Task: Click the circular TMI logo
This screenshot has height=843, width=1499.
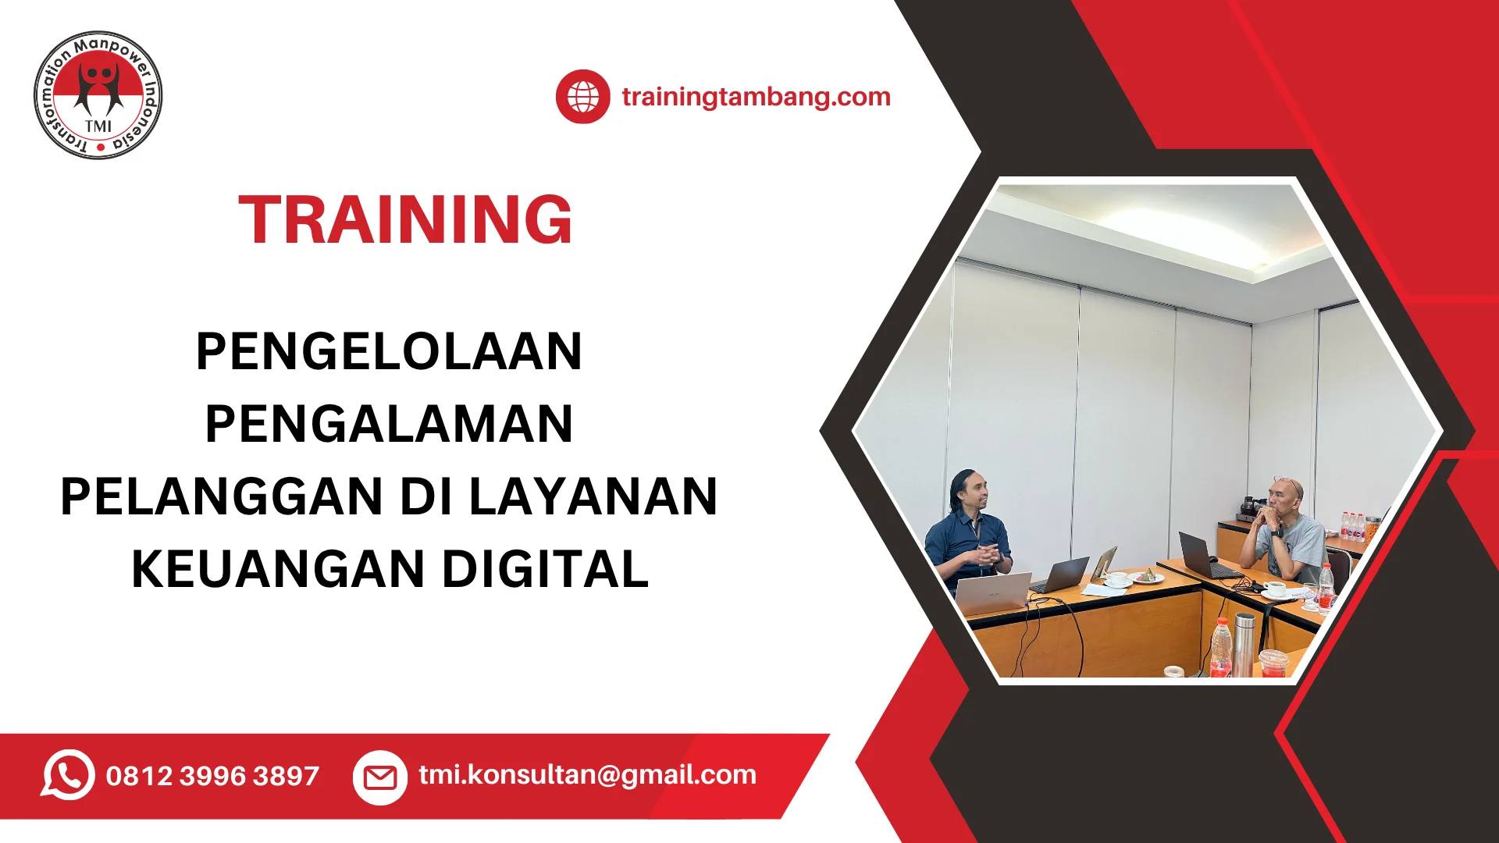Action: coord(98,95)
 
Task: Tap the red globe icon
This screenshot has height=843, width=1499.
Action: coord(582,97)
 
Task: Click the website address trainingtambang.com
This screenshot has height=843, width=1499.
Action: coord(756,97)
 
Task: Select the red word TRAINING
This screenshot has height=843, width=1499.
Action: coord(405,219)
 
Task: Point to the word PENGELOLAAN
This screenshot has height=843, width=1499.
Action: coord(389,351)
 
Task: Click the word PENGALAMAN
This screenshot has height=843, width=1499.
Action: coord(389,424)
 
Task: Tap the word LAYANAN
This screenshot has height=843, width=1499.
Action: coord(593,496)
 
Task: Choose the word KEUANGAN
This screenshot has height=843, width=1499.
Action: coord(278,569)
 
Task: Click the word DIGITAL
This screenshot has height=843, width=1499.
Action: coord(546,569)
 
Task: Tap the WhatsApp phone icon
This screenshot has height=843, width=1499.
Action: coord(68,775)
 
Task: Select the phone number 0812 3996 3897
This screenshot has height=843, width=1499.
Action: coord(212,776)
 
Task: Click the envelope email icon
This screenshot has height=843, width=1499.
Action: coord(380,777)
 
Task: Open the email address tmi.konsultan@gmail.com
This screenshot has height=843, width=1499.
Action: coord(587,775)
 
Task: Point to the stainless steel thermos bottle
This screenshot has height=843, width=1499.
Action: coord(1244,644)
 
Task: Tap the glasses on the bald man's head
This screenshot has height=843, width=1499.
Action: coord(1287,482)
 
